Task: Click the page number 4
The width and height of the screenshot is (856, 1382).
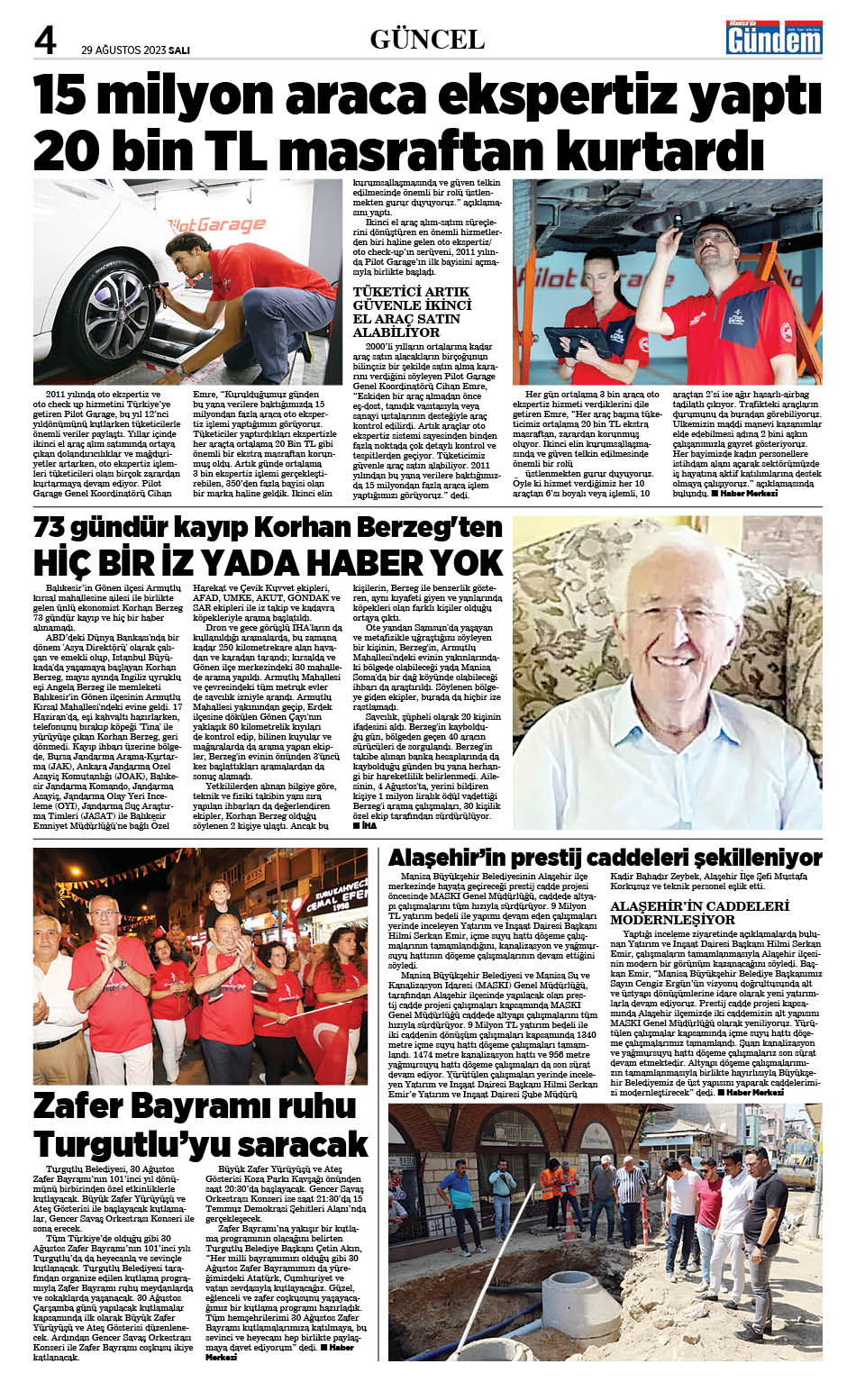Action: tap(45, 41)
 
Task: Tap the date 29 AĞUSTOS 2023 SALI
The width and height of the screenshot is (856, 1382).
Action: tap(135, 50)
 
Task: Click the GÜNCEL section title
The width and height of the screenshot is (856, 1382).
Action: tap(427, 40)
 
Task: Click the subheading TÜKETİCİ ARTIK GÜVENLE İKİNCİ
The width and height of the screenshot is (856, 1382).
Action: tap(412, 298)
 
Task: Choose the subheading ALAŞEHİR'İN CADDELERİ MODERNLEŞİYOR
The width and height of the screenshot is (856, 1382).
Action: tap(699, 913)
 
